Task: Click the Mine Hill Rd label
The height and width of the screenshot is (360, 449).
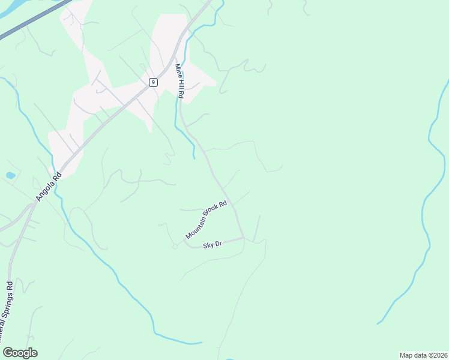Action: pos(179,81)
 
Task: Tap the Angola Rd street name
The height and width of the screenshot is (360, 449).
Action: pos(49,187)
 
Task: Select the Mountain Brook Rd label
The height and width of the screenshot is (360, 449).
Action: pos(206,220)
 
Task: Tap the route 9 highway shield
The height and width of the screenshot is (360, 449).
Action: pos(154,82)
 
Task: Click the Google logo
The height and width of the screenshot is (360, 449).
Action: pos(20,353)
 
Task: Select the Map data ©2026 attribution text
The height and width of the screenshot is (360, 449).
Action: pos(423,355)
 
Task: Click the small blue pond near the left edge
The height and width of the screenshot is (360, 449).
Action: pos(10,176)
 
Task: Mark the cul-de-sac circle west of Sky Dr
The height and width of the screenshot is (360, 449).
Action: pos(175,247)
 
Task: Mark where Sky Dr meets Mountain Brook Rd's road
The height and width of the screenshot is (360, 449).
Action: pos(243,238)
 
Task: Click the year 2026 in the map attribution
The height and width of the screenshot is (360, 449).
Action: pos(439,355)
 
